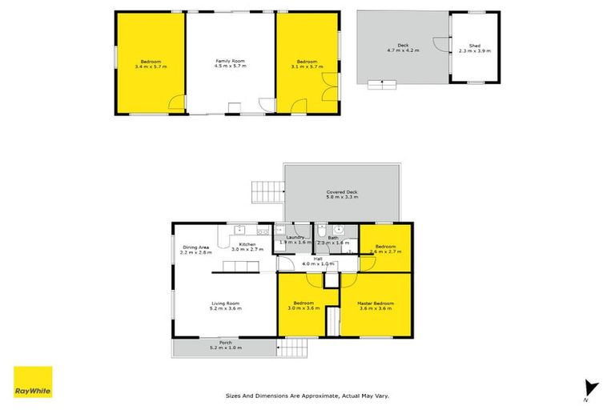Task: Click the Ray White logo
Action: [33, 382]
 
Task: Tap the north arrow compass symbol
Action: [591, 388]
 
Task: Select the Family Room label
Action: [230, 61]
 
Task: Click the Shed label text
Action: [474, 46]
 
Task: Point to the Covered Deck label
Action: [341, 192]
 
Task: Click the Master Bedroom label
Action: [376, 303]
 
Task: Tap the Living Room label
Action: [226, 303]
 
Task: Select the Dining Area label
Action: [196, 247]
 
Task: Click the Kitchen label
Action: [246, 243]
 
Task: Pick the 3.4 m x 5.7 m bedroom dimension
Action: [151, 66]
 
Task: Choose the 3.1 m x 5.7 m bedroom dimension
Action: [307, 66]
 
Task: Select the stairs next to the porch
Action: [294, 348]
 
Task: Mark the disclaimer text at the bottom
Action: [307, 396]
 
